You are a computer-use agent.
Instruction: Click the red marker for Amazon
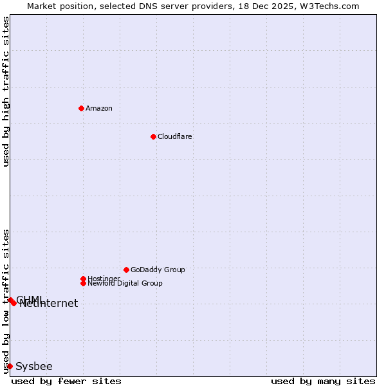click(x=81, y=108)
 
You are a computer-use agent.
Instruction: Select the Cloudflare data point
click(x=153, y=136)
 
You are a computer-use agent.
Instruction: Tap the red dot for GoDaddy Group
click(x=126, y=270)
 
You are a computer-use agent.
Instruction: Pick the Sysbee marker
click(x=10, y=366)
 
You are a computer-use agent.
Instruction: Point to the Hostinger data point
click(x=83, y=279)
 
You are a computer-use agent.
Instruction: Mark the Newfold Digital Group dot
click(x=83, y=283)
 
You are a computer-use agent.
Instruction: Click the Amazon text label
click(x=99, y=108)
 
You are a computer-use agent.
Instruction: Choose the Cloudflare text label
click(x=175, y=136)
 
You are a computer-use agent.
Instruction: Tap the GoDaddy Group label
click(x=158, y=270)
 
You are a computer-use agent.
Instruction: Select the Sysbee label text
click(x=34, y=367)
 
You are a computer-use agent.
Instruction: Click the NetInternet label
click(x=49, y=304)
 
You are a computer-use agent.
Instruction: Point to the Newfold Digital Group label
click(x=125, y=283)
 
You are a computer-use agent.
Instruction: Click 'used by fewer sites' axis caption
click(x=66, y=381)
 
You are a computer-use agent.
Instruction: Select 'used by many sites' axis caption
click(x=323, y=381)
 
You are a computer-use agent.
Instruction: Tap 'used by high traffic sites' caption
click(x=6, y=91)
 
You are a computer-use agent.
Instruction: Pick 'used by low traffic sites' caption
click(x=6, y=301)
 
